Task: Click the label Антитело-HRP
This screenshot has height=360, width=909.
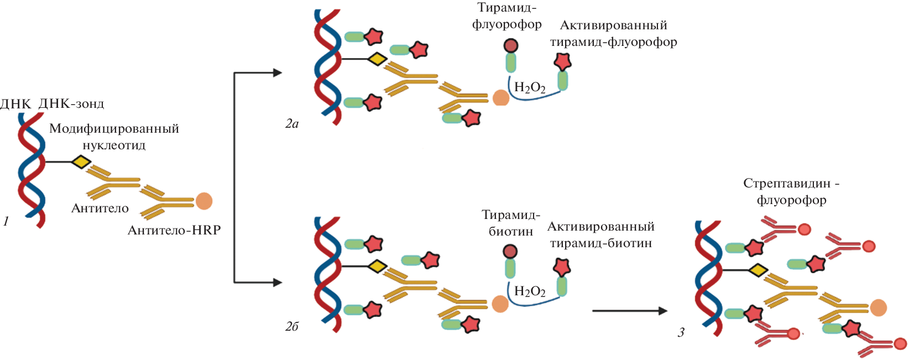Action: tap(174, 230)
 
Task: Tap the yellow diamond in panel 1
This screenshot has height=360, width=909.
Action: tap(81, 161)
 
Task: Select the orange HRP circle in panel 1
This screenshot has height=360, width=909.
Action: tap(203, 201)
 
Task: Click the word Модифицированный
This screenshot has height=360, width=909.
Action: tap(114, 129)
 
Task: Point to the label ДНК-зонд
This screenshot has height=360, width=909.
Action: tap(71, 103)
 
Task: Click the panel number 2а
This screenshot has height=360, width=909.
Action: tap(292, 124)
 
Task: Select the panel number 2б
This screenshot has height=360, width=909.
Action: tap(292, 327)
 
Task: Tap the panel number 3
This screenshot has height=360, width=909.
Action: tap(681, 332)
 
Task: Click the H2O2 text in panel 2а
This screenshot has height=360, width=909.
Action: tap(530, 87)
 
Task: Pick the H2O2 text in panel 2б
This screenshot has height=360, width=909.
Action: tap(530, 291)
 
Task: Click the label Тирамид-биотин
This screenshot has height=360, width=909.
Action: tap(511, 223)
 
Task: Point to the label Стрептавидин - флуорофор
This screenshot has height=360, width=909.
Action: tap(791, 191)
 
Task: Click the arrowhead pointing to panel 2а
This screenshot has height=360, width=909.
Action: tap(277, 72)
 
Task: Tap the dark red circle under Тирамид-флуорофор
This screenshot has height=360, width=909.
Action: tap(511, 45)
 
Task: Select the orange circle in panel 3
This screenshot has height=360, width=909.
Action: tap(878, 307)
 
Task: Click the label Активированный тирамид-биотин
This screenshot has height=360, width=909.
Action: tap(601, 234)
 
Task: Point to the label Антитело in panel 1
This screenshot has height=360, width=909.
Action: tap(100, 208)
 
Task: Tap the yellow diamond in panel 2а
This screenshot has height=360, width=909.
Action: tap(377, 59)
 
